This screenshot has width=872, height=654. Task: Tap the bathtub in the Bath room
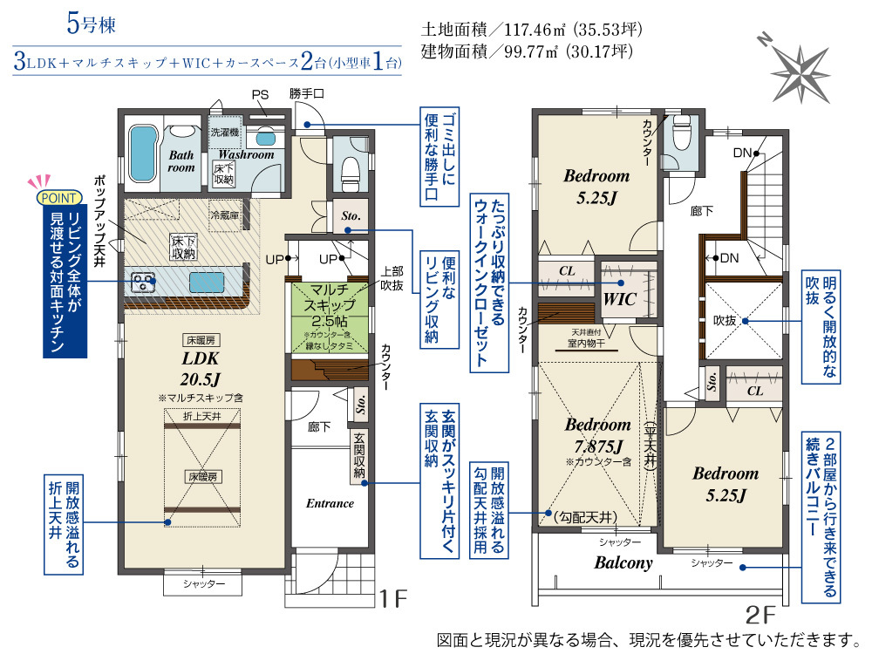tap(143, 153)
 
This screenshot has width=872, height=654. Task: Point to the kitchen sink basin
tap(207, 283)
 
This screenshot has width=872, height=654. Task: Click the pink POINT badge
tap(59, 198)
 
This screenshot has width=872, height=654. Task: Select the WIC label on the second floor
tap(619, 299)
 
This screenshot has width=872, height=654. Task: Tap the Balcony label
tap(623, 562)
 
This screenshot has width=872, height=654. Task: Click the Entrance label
tap(330, 503)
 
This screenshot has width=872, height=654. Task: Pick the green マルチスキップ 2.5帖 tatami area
tap(330, 317)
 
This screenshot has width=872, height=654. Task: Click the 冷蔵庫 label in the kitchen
tap(225, 215)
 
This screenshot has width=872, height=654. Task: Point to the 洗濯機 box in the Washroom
tap(225, 133)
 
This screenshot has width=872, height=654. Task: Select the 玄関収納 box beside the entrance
tap(359, 455)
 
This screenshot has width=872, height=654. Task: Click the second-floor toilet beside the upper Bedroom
tap(682, 135)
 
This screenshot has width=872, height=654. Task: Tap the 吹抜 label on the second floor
tap(726, 320)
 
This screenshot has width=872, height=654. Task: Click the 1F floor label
tap(394, 599)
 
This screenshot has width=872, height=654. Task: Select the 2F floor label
tap(760, 615)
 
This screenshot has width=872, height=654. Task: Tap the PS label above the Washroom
tap(260, 94)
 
